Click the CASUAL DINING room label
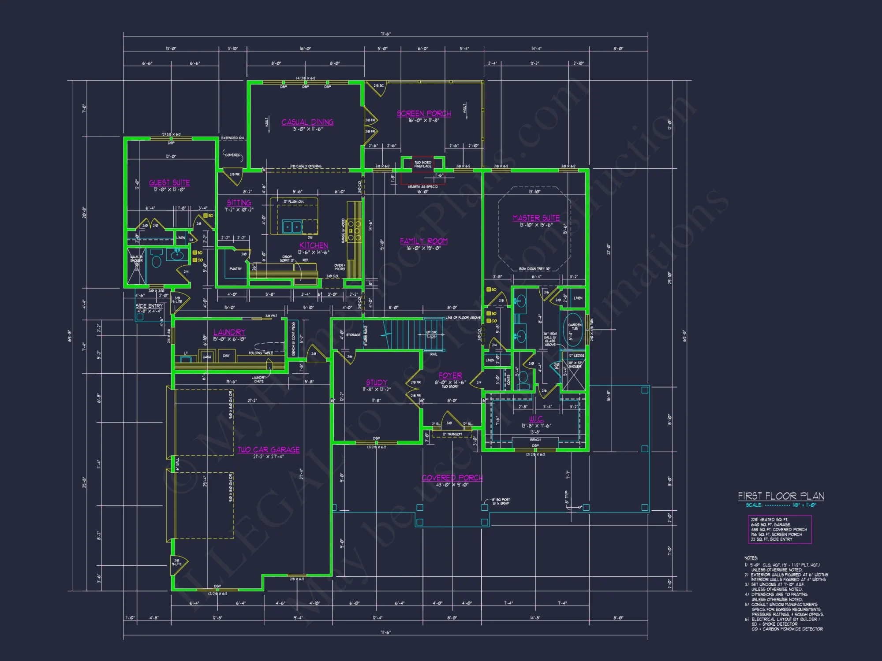click(x=307, y=122)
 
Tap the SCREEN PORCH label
click(x=423, y=114)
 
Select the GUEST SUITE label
click(x=169, y=182)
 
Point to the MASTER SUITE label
click(x=536, y=218)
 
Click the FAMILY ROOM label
click(x=423, y=241)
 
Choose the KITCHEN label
click(x=314, y=245)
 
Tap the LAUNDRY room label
click(x=229, y=332)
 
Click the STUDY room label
click(x=376, y=382)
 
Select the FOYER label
click(x=450, y=375)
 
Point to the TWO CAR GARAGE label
click(x=269, y=449)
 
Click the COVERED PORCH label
click(x=452, y=478)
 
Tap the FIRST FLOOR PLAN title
click(x=781, y=496)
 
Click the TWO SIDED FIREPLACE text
click(x=422, y=164)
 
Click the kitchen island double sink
click(x=292, y=227)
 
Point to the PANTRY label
click(x=235, y=268)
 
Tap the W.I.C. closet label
click(x=536, y=419)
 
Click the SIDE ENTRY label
click(x=149, y=306)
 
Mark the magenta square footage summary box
click(x=779, y=529)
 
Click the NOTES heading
click(x=751, y=558)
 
